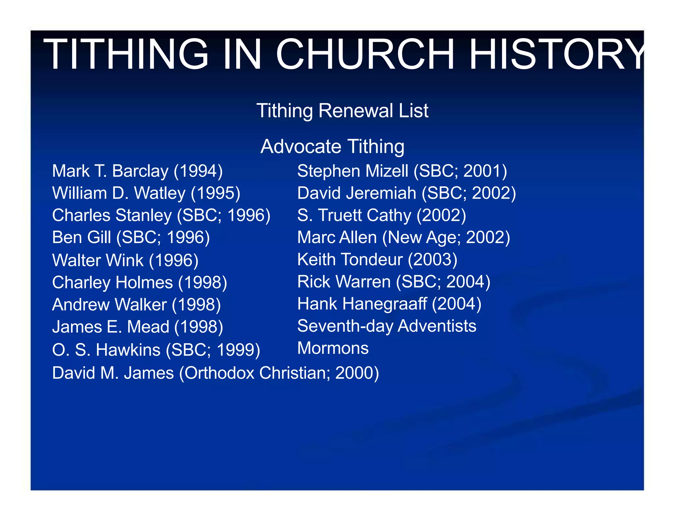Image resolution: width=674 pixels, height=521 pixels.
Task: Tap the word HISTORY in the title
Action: (556, 54)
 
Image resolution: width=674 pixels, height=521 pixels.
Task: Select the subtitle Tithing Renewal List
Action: (342, 111)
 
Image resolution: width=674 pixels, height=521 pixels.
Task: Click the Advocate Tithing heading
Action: (332, 147)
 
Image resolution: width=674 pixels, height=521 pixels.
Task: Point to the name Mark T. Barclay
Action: (110, 171)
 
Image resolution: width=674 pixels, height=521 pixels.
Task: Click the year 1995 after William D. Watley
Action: (216, 193)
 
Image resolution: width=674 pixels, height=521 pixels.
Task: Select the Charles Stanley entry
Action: (161, 216)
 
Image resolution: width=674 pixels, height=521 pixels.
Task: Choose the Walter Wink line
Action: (125, 260)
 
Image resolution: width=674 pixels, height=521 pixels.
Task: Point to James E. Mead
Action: (111, 327)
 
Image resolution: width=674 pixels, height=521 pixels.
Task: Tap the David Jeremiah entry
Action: (406, 193)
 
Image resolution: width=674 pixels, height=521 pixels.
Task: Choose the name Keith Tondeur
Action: (350, 260)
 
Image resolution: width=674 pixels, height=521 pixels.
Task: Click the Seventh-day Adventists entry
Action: (387, 326)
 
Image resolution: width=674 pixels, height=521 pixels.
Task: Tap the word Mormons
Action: (333, 348)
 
